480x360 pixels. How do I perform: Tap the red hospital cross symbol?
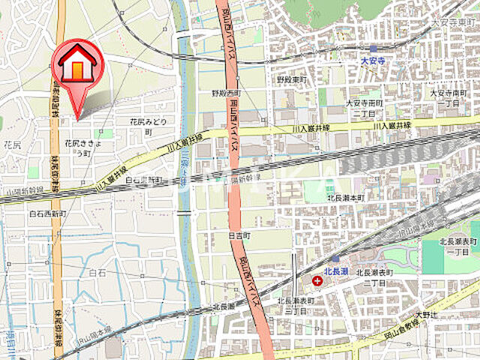click(318, 281)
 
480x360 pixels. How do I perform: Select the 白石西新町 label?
click(48, 214)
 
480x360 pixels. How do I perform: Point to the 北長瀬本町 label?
click(345, 197)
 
